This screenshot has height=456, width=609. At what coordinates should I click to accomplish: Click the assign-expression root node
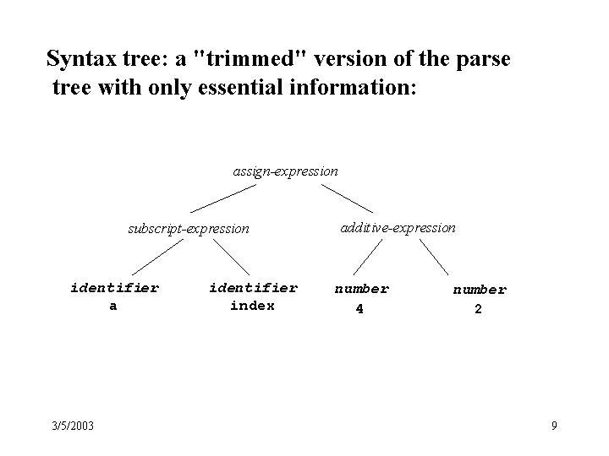point(286,171)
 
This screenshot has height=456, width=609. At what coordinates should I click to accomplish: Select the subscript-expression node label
point(189,229)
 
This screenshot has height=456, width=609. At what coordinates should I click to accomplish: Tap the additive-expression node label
point(398,228)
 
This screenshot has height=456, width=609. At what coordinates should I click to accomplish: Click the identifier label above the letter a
point(114,288)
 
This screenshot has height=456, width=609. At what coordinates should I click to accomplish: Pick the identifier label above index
point(254,288)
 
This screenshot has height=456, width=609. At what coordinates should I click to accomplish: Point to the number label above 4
point(362,289)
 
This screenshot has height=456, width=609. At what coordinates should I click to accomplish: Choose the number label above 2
point(480,290)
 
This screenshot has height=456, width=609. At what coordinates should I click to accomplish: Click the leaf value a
point(113,307)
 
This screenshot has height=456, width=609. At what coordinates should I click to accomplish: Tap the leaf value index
point(252,306)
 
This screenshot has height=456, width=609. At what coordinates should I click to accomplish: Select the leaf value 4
point(359,309)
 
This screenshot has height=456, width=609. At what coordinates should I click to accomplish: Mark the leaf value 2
point(478,309)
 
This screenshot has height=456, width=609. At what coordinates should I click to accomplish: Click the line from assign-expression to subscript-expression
point(223,198)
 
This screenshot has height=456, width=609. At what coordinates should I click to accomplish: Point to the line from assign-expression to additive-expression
point(347,198)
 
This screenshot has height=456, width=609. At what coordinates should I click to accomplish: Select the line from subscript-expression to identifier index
point(231,257)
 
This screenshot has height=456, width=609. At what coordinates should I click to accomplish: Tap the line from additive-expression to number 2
point(434,257)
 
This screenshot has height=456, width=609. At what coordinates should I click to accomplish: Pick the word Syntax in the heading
point(81,59)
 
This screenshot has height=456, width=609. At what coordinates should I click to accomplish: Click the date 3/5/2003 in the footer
point(73,426)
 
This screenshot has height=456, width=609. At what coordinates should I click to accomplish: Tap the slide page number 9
point(554,426)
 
